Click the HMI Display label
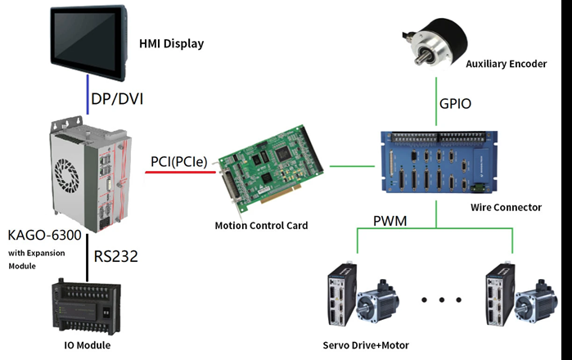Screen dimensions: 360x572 tap(171, 43)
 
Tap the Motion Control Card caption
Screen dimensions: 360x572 tap(261, 225)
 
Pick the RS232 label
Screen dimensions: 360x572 tap(115, 256)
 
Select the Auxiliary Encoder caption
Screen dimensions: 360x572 tap(506, 63)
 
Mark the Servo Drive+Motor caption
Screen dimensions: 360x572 tap(367, 345)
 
